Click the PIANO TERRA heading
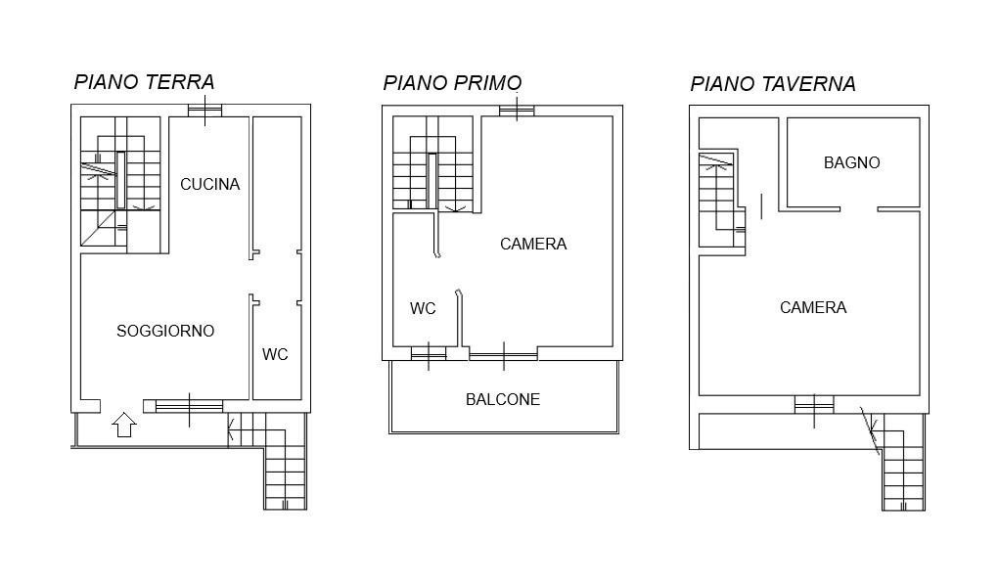[x=144, y=82]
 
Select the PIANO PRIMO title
[x=452, y=83]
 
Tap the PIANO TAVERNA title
[x=773, y=83]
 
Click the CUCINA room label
[x=209, y=184]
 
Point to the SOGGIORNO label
[x=165, y=331]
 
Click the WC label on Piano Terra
[x=275, y=354]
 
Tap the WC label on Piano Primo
[x=423, y=308]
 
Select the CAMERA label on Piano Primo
[x=533, y=244]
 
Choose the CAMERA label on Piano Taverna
[x=813, y=307]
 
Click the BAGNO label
[x=852, y=162]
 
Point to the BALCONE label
[x=503, y=399]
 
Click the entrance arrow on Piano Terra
[x=124, y=425]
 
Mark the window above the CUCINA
[x=204, y=111]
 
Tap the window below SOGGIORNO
[x=189, y=406]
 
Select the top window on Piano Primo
[x=516, y=112]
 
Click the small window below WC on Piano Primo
[x=429, y=353]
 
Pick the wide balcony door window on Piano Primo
[x=503, y=354]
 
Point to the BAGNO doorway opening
[x=859, y=209]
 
